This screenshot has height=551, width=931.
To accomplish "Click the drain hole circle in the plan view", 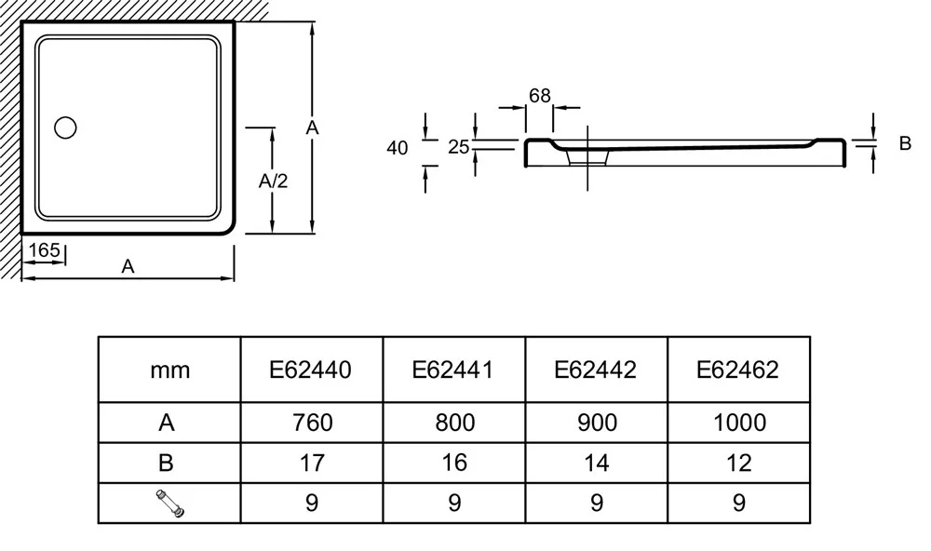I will [66, 128].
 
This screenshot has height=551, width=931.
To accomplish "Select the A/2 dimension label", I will [272, 181].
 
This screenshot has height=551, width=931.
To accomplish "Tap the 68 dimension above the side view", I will [539, 96].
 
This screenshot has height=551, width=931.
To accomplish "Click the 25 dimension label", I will [457, 146].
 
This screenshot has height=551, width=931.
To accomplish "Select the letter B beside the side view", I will [904, 143].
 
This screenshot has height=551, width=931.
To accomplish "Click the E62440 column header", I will [312, 370].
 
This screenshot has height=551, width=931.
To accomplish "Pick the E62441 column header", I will [454, 370].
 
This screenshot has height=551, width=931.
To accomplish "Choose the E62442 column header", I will [596, 370].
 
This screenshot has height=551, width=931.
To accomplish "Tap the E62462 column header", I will [738, 370].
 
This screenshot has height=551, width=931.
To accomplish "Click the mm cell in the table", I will [169, 370].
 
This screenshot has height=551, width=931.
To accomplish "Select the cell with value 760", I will [312, 423].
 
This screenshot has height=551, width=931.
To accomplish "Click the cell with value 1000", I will [738, 423].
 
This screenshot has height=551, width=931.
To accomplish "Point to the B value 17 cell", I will [312, 463].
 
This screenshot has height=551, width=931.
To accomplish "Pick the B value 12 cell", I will [738, 463].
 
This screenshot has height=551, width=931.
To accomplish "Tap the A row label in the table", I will [169, 423].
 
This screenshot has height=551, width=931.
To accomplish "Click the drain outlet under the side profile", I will [587, 159].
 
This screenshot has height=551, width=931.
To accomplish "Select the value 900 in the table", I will [596, 423].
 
